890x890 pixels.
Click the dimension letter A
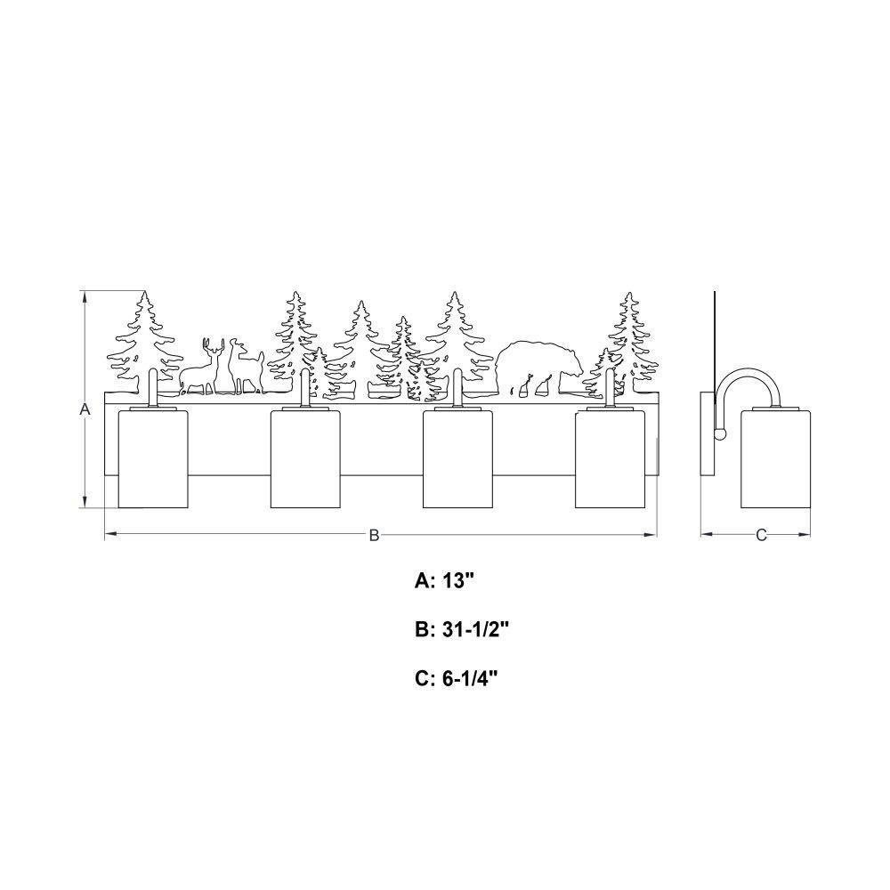tap(85, 409)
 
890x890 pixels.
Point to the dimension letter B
tap(374, 535)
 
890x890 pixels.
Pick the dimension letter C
tap(762, 535)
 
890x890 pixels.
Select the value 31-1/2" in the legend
tap(475, 629)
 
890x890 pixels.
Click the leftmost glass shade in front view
tap(153, 458)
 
